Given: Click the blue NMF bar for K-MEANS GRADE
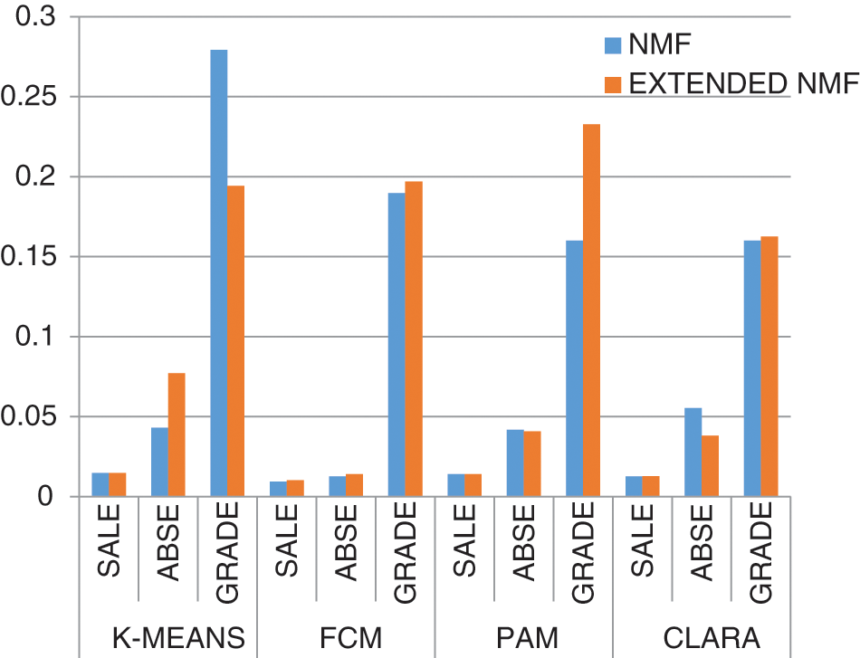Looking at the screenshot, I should click(x=218, y=272).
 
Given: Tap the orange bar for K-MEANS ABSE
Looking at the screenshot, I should click(x=177, y=434).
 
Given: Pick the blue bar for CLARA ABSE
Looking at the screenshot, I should click(x=693, y=452).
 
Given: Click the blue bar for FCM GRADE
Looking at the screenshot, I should click(x=397, y=344).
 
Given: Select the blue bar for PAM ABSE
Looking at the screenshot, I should click(x=515, y=463).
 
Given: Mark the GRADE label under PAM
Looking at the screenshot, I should click(x=583, y=553).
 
